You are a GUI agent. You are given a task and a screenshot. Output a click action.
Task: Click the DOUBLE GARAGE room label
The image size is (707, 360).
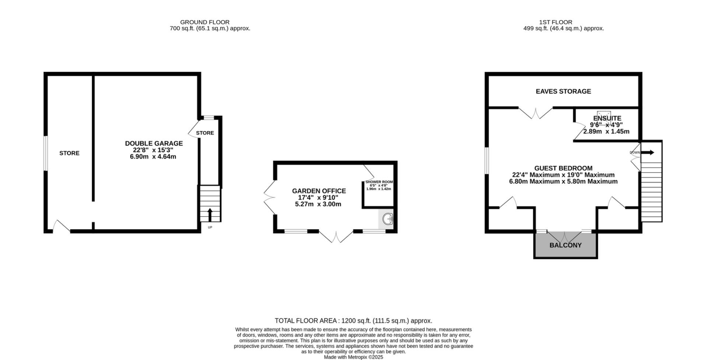pos(154,143)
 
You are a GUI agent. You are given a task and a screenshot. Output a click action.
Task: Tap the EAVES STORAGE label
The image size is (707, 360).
pos(563,91)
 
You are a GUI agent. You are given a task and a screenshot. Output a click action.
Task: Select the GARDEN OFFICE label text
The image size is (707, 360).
pos(319,191)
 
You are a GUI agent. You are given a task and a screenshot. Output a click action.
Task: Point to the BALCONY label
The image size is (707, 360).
pos(566,245)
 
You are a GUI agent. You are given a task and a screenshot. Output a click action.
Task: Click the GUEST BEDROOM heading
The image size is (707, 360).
pos(563,168)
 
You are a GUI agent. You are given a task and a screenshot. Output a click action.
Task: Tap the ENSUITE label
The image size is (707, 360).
pos(607,118)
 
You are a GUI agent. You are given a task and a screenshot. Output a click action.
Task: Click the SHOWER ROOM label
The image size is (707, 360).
pos(379,182)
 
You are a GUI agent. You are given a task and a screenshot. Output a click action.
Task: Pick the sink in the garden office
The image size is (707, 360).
pos(388,219)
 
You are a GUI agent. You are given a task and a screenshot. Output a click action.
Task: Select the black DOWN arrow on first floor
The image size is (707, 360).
pos(647,153)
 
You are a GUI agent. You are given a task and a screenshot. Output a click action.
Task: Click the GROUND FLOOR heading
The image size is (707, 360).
pos(205,22)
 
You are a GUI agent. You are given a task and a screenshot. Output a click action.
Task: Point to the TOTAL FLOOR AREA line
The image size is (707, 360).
pos(353,321)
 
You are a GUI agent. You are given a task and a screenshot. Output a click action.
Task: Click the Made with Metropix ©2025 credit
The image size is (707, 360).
pos(353,357)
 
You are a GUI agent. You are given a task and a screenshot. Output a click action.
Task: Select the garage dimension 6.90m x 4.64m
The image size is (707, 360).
pos(150,157)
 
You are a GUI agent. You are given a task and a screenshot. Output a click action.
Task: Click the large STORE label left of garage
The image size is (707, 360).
pos(69,153)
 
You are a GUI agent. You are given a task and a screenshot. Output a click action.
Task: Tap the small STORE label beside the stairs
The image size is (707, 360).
pos(205,133)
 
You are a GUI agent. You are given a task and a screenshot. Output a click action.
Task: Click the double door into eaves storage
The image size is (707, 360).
pos(536,113)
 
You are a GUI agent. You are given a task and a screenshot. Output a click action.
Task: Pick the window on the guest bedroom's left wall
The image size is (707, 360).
pos(487,160)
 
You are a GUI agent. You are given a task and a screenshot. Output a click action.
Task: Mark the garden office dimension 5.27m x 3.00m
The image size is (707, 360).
pos(318,204)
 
